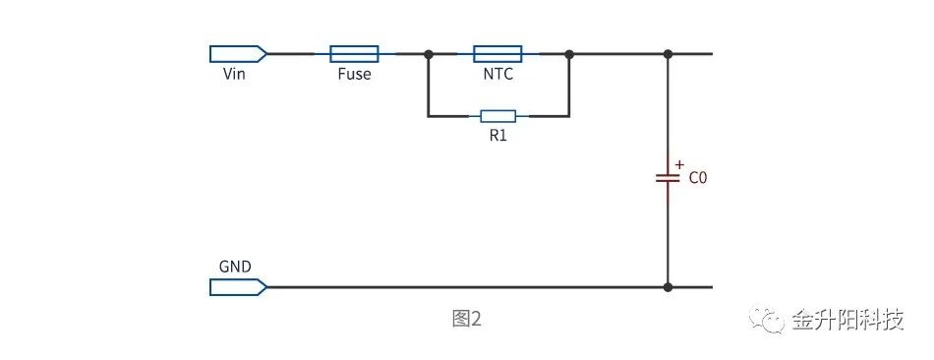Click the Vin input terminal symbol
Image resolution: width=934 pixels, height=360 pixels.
(x=238, y=54)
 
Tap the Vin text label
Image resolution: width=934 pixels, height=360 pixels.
(x=234, y=74)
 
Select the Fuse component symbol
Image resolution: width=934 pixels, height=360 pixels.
(x=354, y=54)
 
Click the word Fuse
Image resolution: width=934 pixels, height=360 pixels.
(x=354, y=74)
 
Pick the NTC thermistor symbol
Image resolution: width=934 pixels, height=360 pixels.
(x=497, y=54)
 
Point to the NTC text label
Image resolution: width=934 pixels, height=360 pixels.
(x=498, y=75)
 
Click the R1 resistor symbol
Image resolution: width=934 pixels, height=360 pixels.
(x=498, y=116)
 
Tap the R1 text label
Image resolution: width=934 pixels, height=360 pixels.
(x=498, y=136)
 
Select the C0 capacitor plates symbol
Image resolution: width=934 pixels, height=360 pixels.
(x=668, y=178)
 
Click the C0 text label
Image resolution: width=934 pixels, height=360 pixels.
(x=698, y=178)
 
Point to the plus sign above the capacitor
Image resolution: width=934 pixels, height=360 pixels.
(x=679, y=164)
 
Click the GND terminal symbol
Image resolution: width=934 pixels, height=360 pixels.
(x=238, y=287)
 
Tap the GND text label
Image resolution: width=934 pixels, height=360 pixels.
(x=235, y=267)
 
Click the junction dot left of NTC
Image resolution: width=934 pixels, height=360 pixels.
(x=428, y=54)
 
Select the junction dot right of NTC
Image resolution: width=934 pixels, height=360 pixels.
(x=569, y=54)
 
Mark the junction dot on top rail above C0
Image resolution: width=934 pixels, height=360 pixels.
(x=668, y=54)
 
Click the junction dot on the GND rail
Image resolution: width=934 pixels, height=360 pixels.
(x=668, y=287)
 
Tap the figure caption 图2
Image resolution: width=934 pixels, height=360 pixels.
(x=466, y=319)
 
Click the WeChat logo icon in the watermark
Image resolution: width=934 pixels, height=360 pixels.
(x=767, y=320)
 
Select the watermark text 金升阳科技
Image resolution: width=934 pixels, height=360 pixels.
(x=848, y=320)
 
